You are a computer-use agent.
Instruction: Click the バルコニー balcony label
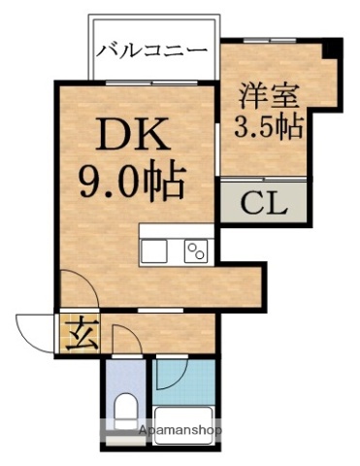click(151, 50)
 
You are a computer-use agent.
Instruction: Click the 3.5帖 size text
click(269, 126)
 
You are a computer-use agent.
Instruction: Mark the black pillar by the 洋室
click(334, 49)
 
